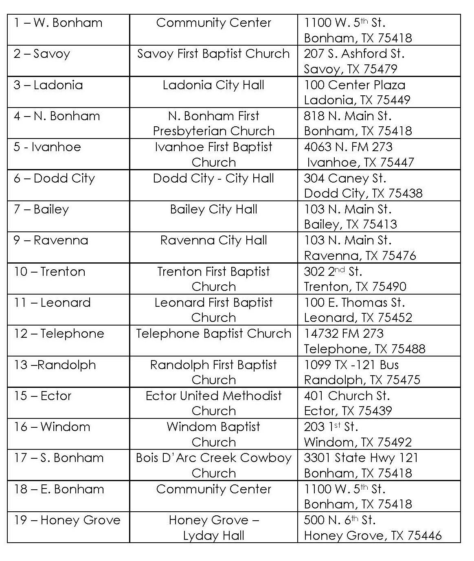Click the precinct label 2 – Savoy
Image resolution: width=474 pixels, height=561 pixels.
point(42,54)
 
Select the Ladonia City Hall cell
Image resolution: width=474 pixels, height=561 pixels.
point(213,85)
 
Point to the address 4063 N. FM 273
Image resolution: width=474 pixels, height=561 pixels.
point(348,147)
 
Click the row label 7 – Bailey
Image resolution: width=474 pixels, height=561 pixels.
point(42,209)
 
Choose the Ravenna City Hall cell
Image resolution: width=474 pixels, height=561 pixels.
point(213,240)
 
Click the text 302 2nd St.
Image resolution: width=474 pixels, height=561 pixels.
point(333,271)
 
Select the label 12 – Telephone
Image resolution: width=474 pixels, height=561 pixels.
point(59,334)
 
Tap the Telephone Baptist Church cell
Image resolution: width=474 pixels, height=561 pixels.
point(213,334)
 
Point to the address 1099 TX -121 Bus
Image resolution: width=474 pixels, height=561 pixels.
point(351,365)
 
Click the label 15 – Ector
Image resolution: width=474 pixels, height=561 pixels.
point(43,396)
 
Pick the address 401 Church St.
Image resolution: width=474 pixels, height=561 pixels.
point(347,396)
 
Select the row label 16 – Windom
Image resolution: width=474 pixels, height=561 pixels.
point(52,427)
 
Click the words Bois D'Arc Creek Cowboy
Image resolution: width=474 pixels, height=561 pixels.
point(213,458)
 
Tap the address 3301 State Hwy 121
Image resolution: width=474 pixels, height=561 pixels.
point(361,458)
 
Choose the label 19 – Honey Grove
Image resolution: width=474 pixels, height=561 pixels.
point(67,520)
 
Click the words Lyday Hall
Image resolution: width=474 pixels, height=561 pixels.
point(213,535)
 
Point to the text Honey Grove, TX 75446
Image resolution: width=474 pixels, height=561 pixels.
point(373,535)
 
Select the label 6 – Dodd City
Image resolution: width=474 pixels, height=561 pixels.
point(54,178)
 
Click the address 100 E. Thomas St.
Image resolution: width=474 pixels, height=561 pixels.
point(354,303)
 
